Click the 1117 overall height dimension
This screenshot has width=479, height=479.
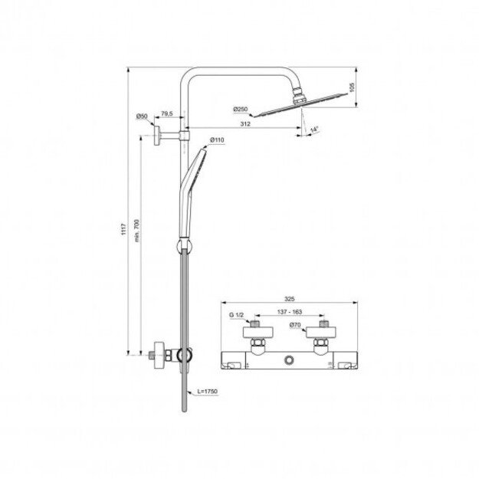point(123,229)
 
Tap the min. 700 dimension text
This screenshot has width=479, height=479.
point(136,231)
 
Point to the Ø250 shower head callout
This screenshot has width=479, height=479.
point(241,109)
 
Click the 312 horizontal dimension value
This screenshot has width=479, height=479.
point(245,123)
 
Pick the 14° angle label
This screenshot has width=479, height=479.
point(314,130)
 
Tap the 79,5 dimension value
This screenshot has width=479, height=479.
point(167,113)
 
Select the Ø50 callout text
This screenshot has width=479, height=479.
point(142,116)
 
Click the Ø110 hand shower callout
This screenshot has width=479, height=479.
point(217,140)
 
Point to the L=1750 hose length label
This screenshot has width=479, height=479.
point(207,392)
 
